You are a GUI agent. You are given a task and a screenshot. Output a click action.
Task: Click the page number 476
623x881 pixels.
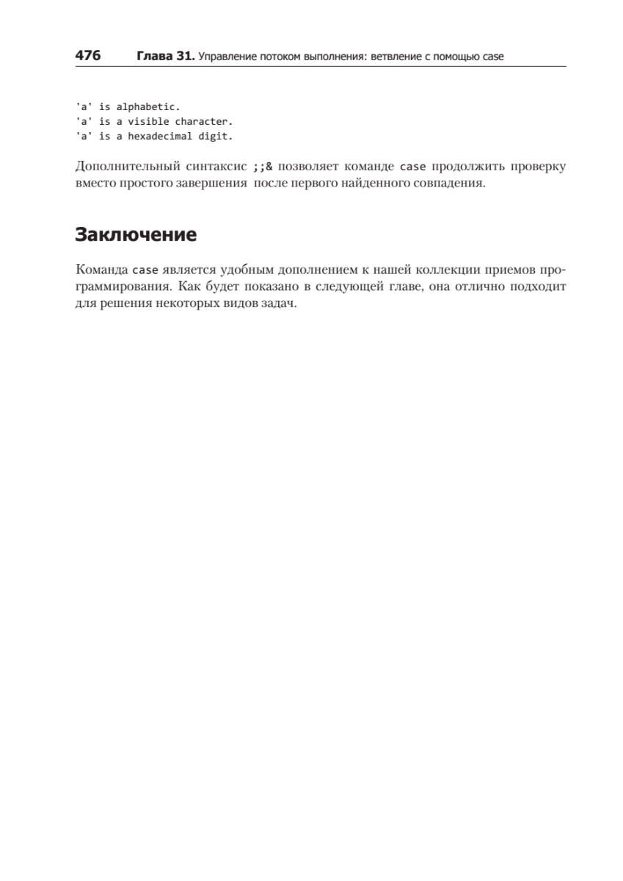coord(88,56)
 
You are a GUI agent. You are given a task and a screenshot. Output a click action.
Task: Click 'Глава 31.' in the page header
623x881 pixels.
coord(165,56)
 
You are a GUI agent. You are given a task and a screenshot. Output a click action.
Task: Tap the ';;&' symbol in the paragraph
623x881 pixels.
coord(263,167)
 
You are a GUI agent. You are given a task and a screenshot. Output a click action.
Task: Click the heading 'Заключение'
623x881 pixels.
coord(136,235)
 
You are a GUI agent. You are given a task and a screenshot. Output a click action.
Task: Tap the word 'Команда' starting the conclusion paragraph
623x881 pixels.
coord(101,269)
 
